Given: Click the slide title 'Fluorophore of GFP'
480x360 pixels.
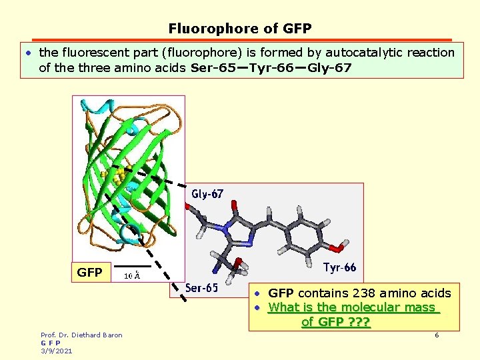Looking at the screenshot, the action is click(x=240, y=29).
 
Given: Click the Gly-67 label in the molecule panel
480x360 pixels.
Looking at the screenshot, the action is click(x=207, y=195).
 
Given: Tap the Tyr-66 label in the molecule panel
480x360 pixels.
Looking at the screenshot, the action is click(x=339, y=268).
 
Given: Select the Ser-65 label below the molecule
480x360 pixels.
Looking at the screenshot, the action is click(x=201, y=288).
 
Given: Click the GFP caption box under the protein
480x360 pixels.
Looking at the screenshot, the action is click(x=90, y=273).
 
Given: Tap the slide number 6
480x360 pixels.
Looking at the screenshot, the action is click(x=437, y=335).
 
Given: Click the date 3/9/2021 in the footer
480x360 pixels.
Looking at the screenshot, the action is click(x=57, y=351).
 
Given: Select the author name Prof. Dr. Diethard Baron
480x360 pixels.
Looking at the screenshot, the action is click(x=81, y=335).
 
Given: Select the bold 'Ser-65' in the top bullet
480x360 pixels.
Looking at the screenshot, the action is click(x=213, y=67).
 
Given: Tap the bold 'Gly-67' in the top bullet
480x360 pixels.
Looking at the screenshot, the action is click(x=328, y=67).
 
